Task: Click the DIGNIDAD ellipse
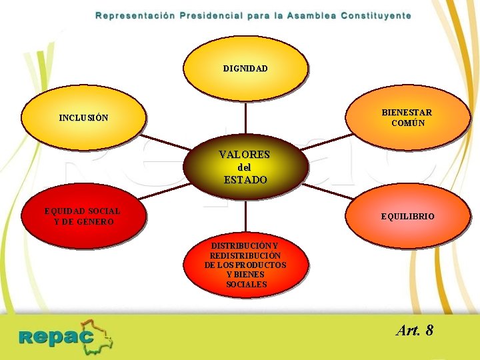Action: [x=245, y=68]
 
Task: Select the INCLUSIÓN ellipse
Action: [x=83, y=117]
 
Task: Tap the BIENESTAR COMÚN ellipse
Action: [x=407, y=117]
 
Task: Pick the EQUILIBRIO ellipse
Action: [x=407, y=216]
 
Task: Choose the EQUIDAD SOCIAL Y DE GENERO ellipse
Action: [x=83, y=216]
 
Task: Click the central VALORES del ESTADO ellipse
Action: [x=245, y=167]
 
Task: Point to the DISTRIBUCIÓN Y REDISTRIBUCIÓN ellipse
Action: [x=245, y=265]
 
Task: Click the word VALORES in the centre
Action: [x=245, y=155]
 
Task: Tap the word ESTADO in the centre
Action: [x=245, y=180]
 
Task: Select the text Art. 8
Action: [x=414, y=330]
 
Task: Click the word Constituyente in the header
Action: [x=375, y=15]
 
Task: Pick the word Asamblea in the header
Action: [x=311, y=15]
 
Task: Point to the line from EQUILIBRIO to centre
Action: [x=330, y=191]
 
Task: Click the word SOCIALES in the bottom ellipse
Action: [x=246, y=285]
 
